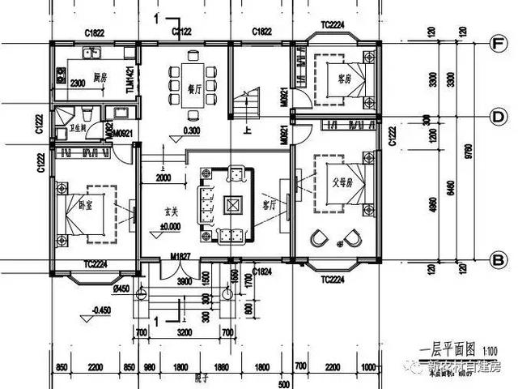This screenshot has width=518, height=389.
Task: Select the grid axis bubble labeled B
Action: (499, 259)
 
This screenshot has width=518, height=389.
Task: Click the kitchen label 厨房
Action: (100, 78)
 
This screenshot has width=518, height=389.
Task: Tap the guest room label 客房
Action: (347, 79)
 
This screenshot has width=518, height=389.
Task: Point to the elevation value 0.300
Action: (192, 130)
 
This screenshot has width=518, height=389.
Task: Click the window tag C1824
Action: (261, 271)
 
